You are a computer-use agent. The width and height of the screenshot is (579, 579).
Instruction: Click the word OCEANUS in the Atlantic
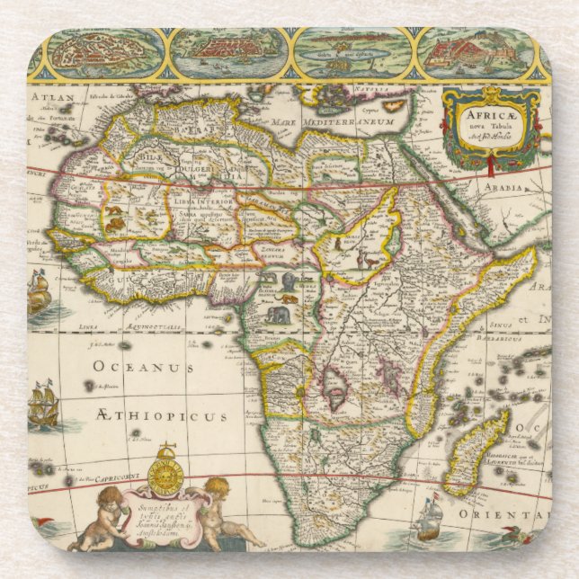pyautogui.click(x=145, y=368)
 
